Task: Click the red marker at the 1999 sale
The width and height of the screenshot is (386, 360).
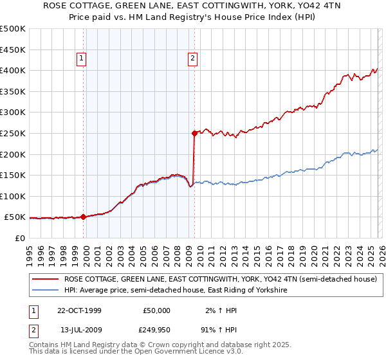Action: coord(84,217)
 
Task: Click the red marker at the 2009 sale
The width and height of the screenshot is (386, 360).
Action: coord(194,134)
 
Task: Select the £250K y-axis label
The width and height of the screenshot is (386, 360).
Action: coord(13,134)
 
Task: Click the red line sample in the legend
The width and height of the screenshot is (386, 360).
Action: coord(46,280)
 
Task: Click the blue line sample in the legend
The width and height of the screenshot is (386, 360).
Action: coord(46,291)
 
